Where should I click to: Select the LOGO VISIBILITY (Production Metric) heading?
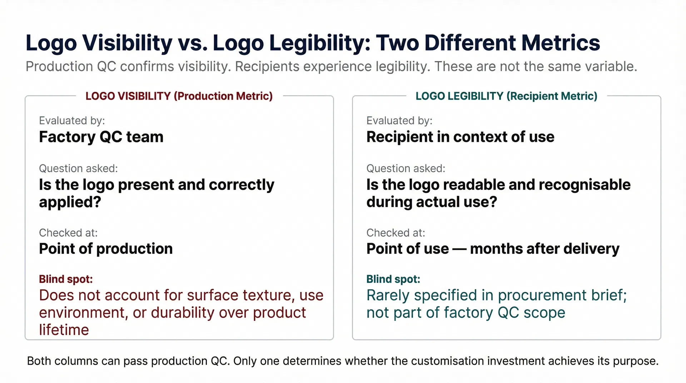pos(179,96)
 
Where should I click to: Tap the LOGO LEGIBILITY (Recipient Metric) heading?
pos(506,96)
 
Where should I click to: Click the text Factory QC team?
pos(101,137)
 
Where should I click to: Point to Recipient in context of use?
pos(460,137)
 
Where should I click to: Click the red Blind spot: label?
pos(66,279)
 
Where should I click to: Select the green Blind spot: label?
pos(393,279)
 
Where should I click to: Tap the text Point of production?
pos(106,249)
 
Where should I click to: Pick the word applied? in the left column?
pos(70,202)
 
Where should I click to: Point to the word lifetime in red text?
pos(64,330)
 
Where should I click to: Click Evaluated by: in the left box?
pos(72,121)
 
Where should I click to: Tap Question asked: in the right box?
pos(406,168)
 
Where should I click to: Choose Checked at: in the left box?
pos(68,233)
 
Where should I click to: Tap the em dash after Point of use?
pos(459,249)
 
